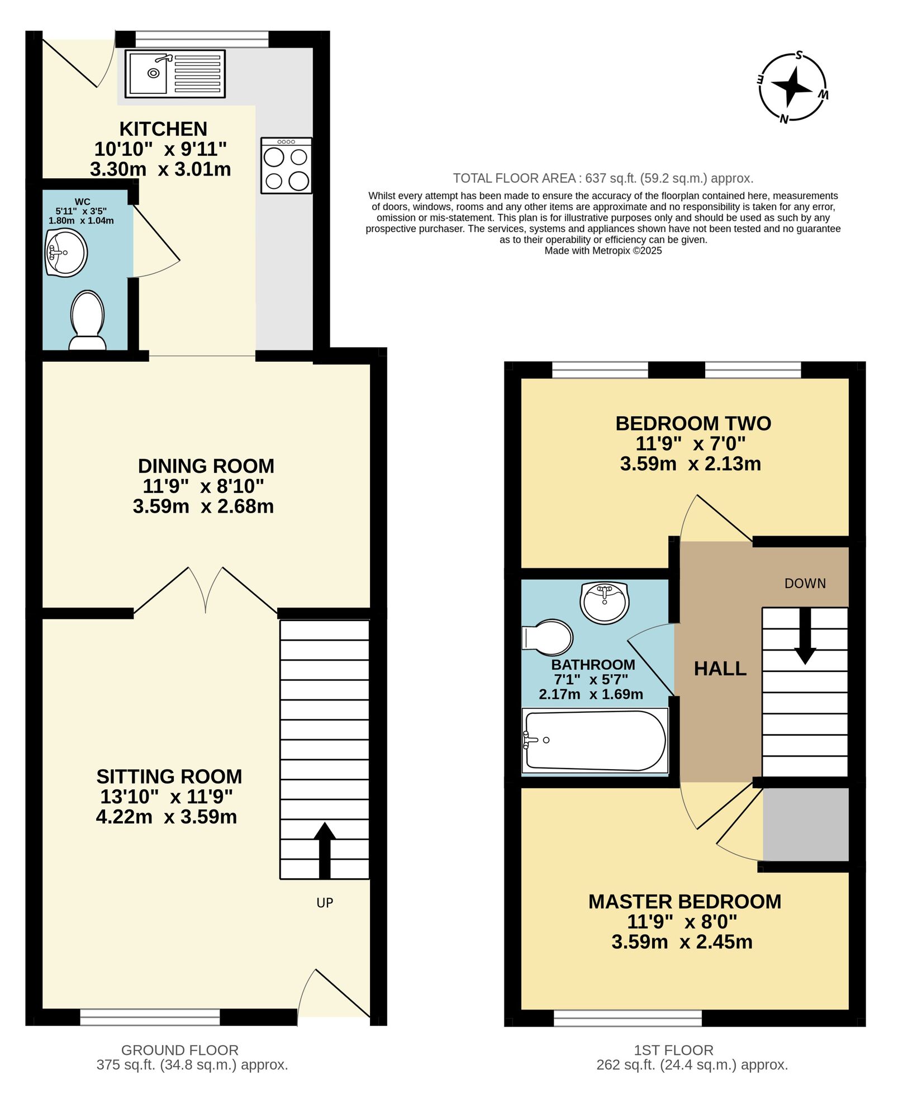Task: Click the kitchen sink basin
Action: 149,73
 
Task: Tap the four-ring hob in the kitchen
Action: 286,166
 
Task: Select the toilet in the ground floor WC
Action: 88,320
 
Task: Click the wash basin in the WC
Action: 66,253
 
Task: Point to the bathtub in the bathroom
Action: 595,741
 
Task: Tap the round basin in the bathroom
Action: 605,601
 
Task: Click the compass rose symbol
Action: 792,87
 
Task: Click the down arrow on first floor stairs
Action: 805,636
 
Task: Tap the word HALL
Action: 720,669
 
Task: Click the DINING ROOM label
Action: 206,466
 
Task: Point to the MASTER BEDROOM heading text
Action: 685,902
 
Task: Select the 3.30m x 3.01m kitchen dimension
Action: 160,169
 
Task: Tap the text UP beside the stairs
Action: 325,903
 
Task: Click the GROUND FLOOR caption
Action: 180,1050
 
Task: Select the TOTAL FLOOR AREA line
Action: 603,178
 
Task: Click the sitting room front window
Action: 150,1017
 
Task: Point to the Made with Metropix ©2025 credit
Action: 603,250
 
